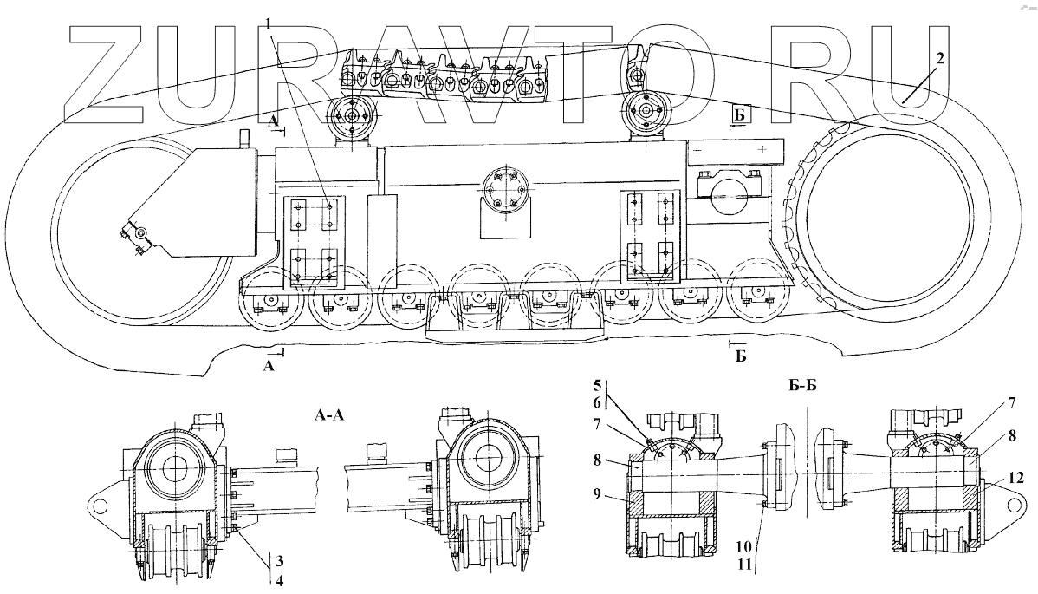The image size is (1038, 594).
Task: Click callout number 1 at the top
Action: tap(268, 23)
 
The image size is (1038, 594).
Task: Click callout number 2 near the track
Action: tap(939, 57)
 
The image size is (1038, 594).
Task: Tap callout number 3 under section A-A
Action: tap(279, 562)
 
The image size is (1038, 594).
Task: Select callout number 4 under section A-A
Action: tap(279, 580)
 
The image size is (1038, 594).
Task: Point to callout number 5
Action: tap(597, 385)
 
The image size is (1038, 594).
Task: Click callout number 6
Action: tap(597, 402)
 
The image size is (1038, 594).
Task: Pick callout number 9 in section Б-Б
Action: tap(597, 493)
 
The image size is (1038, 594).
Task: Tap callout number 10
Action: tap(743, 546)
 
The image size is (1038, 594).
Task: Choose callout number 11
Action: tap(743, 565)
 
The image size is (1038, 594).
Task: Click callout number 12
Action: tap(1016, 478)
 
